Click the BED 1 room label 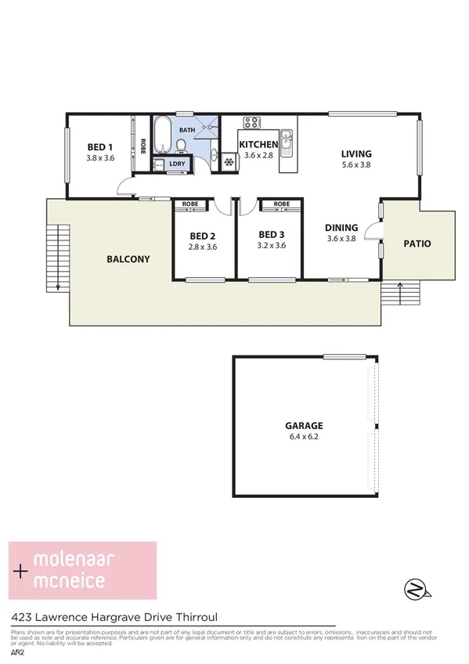click(99, 147)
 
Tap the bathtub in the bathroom click(163, 135)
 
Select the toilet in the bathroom click(182, 146)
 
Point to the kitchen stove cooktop click(251, 123)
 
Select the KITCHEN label click(258, 145)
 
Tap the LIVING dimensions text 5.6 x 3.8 click(356, 165)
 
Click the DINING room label click(341, 228)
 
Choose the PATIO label click(417, 244)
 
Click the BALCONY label click(128, 259)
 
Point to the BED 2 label click(203, 235)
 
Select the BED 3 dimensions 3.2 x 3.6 click(271, 246)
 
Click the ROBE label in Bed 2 click(190, 204)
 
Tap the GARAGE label click(304, 427)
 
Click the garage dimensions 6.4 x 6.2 click(304, 438)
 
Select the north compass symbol click(416, 587)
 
